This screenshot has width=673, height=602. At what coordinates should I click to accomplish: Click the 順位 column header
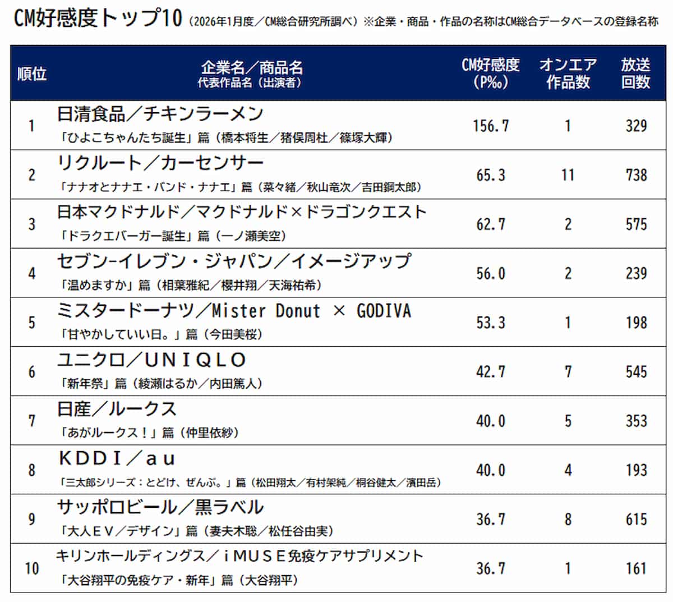[x=32, y=73]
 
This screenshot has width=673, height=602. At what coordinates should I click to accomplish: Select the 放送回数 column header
[x=635, y=73]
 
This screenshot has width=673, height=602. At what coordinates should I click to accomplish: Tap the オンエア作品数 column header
[x=568, y=73]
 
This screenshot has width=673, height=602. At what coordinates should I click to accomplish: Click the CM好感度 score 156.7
[x=491, y=126]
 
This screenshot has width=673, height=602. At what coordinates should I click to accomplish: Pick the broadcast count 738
[x=636, y=175]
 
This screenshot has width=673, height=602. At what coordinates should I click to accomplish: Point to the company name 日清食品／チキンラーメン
[x=160, y=114]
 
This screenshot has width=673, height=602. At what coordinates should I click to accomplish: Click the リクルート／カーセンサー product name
[x=160, y=163]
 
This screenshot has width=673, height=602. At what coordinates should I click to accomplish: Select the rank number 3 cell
[x=32, y=224]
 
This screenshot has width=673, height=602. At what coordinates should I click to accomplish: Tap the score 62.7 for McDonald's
[x=491, y=224]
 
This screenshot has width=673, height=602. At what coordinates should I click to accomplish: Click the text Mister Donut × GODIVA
[x=311, y=311]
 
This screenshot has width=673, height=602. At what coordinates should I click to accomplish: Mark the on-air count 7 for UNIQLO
[x=568, y=372]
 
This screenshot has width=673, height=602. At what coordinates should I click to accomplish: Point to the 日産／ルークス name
[x=117, y=409]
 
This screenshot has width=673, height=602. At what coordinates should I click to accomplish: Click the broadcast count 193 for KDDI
[x=636, y=470]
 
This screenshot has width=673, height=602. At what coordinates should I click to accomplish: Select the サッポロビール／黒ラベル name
[x=160, y=507]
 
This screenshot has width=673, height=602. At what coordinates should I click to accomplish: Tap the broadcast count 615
[x=636, y=520]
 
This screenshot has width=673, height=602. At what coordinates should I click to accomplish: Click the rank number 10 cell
[x=32, y=568]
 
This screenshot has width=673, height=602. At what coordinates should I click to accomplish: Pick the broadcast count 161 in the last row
[x=636, y=568]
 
